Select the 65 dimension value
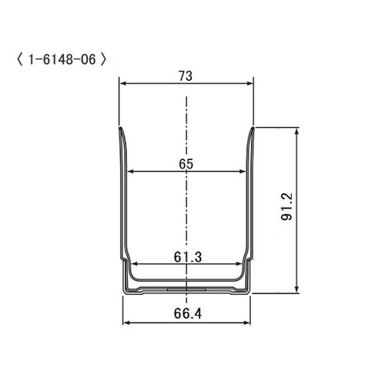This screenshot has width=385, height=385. pos(185,163)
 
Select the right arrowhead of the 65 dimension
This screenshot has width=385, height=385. pos(243,171)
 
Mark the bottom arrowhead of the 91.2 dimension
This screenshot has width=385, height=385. pos(297,290)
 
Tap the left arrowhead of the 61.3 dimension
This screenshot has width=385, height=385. pos(132,265)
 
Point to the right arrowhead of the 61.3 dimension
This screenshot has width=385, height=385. pos(240,265)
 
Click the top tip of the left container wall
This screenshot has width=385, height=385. pos(120,129)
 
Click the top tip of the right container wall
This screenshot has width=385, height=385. pos(252,129)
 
